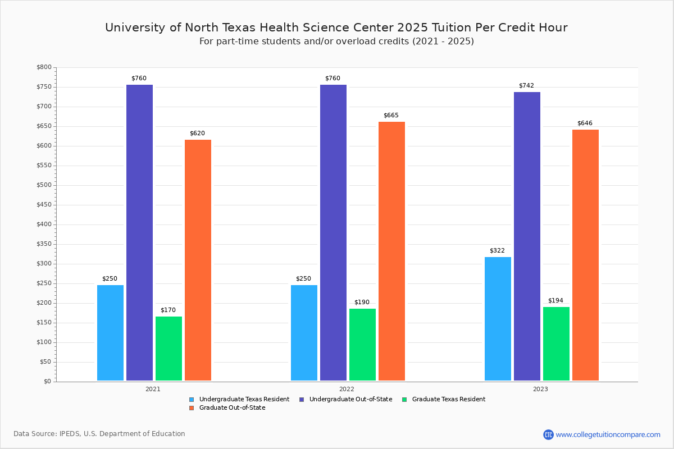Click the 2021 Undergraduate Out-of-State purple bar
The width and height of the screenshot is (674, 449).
[139, 233]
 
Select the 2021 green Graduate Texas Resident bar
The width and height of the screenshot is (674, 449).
[168, 349]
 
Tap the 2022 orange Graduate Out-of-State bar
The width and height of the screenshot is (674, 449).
[391, 251]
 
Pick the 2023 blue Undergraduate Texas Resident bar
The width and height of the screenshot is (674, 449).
[498, 319]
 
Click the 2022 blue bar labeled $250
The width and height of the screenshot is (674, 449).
[304, 333]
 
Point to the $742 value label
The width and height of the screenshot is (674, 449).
[526, 85]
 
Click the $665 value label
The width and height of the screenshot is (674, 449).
[391, 115]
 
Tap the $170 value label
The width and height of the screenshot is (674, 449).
[168, 310]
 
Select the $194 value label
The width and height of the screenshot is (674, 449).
[555, 300]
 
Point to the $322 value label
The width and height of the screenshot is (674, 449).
[497, 250]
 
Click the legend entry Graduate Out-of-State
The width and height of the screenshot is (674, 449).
[232, 408]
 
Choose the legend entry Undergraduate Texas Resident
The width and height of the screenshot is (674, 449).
[244, 400]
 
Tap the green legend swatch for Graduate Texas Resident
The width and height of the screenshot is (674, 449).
[404, 400]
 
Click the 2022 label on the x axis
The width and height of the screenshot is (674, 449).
[347, 389]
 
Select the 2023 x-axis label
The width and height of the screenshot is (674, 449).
[540, 389]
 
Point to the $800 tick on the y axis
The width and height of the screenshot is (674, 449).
[44, 67]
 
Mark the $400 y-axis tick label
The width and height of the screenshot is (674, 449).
[44, 224]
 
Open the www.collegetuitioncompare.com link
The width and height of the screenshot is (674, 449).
[608, 434]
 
